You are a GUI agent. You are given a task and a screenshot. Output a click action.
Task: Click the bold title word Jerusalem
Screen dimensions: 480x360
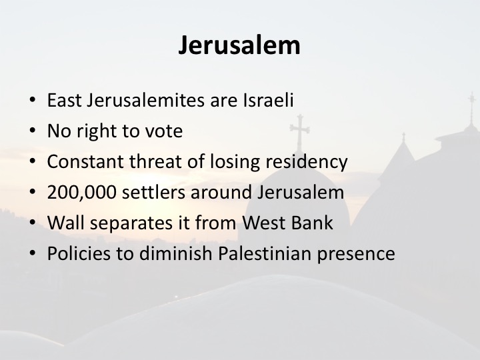(239, 45)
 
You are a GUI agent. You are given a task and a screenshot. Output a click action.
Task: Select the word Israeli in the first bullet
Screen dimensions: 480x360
(269, 100)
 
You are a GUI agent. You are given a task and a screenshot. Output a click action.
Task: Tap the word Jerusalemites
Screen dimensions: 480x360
(145, 100)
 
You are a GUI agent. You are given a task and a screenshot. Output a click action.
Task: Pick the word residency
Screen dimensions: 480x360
(307, 162)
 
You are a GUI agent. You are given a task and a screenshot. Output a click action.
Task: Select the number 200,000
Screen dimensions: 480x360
(82, 193)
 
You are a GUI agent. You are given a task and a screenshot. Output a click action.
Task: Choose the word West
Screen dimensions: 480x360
(262, 223)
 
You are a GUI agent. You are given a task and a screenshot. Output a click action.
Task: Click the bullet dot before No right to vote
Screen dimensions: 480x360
(33, 131)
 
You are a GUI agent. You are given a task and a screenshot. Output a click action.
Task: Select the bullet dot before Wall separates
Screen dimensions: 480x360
(33, 222)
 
